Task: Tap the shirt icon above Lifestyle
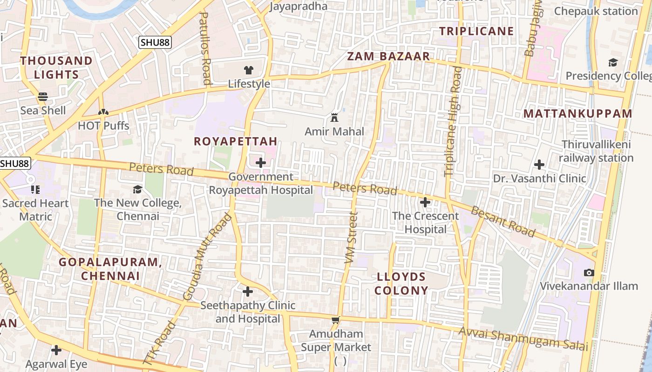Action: tap(249, 70)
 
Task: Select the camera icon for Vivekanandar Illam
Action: tap(589, 272)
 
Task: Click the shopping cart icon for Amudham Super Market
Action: tap(336, 320)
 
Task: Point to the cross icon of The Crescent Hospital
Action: tap(425, 202)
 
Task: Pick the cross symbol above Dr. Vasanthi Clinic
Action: tap(539, 164)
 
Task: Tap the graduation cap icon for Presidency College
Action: tap(613, 62)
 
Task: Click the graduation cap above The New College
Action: tap(137, 189)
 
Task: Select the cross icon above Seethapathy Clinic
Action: tap(248, 292)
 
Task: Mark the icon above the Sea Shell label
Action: tap(43, 97)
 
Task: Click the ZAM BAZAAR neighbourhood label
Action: tap(388, 57)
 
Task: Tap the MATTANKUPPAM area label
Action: tap(578, 113)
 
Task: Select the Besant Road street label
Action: tap(503, 221)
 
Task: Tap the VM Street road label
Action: tap(351, 238)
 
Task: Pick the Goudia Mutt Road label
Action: tap(207, 256)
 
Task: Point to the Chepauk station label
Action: tap(596, 11)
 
